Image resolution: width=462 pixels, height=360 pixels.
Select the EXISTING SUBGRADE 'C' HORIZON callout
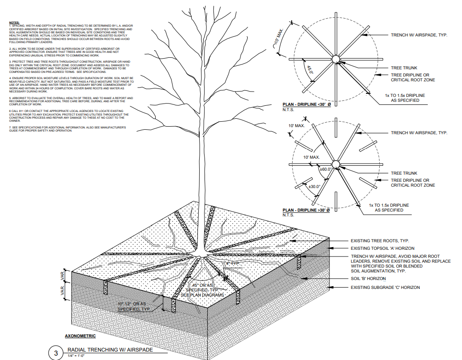(385, 288)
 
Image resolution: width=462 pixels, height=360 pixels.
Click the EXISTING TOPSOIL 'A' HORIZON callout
(383, 248)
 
